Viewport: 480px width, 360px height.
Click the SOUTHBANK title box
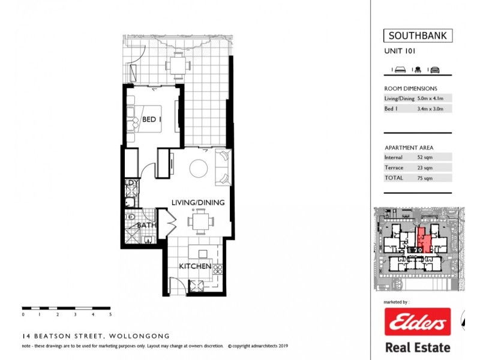[x=418, y=35]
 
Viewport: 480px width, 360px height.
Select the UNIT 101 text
[x=400, y=52]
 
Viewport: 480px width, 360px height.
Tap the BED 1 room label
[x=152, y=119]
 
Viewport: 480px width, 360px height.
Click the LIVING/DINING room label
[x=198, y=203]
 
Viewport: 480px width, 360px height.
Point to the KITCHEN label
[x=194, y=266]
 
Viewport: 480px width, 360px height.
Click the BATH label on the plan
[x=146, y=226]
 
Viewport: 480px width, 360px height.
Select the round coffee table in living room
[x=199, y=168]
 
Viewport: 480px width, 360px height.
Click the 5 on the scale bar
[x=110, y=314]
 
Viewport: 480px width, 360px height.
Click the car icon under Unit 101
[x=435, y=70]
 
